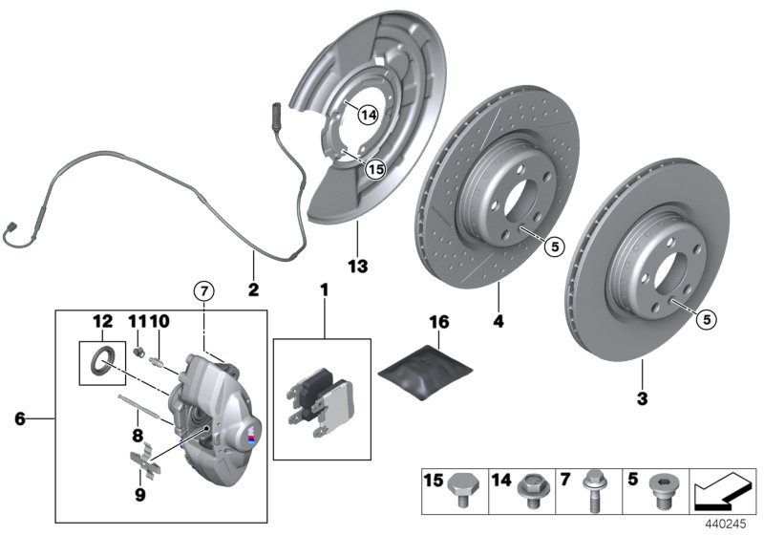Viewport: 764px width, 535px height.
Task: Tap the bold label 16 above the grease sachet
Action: [x=438, y=324]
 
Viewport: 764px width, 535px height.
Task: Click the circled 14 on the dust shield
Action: [x=368, y=115]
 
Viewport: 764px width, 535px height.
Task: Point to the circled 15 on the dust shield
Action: [x=374, y=168]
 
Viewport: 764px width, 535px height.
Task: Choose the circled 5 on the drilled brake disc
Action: [x=552, y=246]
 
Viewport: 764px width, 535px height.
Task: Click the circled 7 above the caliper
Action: [x=202, y=289]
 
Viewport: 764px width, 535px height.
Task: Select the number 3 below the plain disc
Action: [x=641, y=396]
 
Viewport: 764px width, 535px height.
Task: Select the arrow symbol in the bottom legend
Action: [x=722, y=491]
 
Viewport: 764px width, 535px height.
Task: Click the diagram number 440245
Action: [x=725, y=524]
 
